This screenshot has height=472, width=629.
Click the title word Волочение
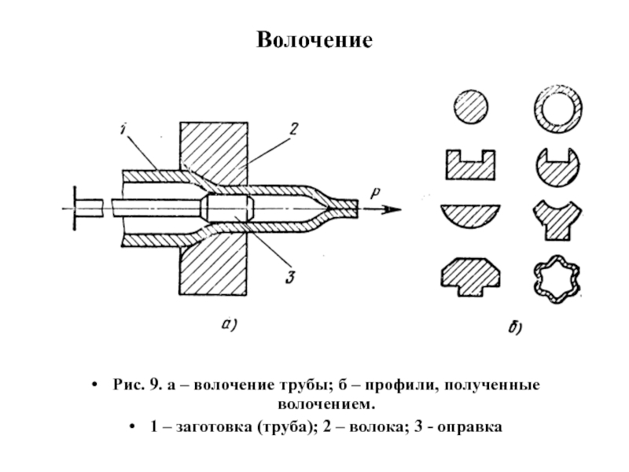click(314, 40)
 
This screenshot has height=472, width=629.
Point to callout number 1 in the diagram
click(123, 129)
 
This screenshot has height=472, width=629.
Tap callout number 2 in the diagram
click(293, 129)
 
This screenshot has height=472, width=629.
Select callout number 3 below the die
click(290, 277)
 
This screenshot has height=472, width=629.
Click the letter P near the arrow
click(375, 193)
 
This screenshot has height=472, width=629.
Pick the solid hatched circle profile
click(471, 107)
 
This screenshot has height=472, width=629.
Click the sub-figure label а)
click(230, 324)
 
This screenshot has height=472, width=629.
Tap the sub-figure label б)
click(515, 327)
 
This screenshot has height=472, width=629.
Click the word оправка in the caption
click(469, 427)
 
